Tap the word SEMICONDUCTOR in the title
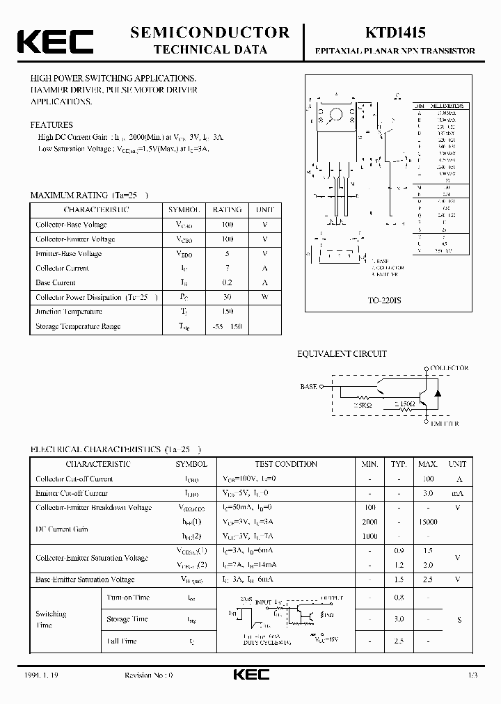point(210,32)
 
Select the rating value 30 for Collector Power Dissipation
point(227,297)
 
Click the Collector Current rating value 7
point(227,268)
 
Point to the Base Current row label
point(56,282)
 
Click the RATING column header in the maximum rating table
point(227,209)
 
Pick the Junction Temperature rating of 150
point(227,312)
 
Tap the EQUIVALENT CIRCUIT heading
point(342,354)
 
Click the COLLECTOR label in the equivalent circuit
point(449,368)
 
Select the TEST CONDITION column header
point(286,464)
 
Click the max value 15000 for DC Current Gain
point(427,522)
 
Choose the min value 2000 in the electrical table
point(369,522)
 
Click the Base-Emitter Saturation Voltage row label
point(85,579)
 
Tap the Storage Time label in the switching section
point(127,619)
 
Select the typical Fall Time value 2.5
point(399,641)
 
